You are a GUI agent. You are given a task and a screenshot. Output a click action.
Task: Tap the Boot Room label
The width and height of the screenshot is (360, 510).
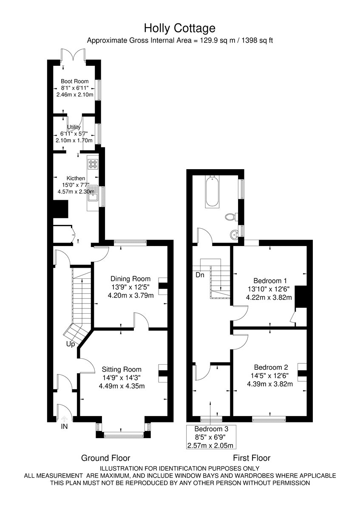click(75, 81)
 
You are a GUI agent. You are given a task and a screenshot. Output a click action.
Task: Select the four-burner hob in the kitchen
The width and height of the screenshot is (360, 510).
click(93, 164)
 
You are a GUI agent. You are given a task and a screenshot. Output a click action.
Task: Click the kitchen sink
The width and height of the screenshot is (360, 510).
click(93, 193)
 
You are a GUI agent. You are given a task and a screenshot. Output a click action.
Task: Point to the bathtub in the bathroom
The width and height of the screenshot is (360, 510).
click(212, 192)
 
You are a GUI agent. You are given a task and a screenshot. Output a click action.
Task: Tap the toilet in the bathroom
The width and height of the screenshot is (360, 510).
click(231, 216)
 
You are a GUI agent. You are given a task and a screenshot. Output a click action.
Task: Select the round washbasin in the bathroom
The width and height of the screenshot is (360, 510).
click(235, 234)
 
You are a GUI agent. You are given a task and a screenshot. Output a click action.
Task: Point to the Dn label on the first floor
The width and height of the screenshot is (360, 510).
click(200, 275)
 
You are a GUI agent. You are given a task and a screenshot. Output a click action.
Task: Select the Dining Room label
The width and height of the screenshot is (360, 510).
click(130, 278)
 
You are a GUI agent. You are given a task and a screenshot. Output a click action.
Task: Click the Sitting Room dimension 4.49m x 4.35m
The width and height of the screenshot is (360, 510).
click(122, 386)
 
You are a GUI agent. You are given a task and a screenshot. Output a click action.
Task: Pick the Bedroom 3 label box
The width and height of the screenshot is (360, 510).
click(211, 437)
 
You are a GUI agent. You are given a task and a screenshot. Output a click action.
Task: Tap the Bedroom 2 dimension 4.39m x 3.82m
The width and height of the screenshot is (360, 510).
click(270, 384)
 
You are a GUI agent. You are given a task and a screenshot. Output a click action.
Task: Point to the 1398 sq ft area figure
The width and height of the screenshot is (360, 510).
click(257, 40)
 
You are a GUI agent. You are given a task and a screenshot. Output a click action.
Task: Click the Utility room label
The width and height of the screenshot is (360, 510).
click(74, 127)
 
